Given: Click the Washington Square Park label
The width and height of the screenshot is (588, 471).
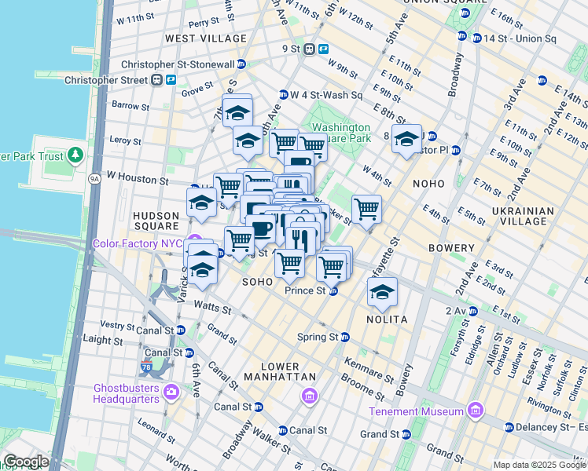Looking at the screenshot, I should (340, 133).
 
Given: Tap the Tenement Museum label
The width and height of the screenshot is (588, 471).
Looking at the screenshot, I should (421, 411).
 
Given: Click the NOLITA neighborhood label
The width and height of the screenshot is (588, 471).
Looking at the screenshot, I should (386, 319).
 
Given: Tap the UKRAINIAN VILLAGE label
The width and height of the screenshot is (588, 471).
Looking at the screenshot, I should (524, 217).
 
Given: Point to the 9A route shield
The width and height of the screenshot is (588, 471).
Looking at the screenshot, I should (95, 178).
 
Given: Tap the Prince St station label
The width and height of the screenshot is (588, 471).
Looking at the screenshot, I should (304, 290).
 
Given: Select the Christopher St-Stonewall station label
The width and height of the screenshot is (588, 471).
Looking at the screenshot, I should (178, 64).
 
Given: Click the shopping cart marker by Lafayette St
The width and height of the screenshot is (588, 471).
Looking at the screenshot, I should (366, 209).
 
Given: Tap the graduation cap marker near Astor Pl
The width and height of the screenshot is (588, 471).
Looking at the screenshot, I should (406, 139).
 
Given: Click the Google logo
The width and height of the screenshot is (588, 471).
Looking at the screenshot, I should (26, 462).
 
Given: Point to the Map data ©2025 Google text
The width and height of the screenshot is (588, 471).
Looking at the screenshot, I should (539, 465).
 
